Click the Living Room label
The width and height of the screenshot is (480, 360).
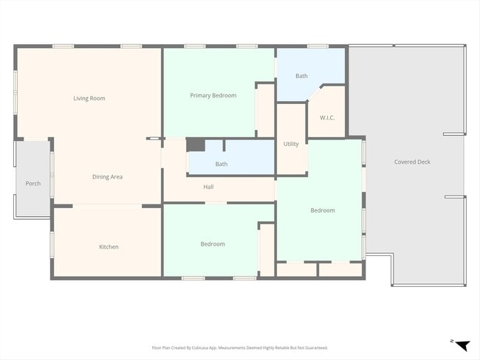pos(89,98)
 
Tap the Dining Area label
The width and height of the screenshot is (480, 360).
pos(107,177)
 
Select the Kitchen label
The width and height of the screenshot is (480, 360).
pos(109,246)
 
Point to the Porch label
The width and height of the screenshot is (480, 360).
pos(32,184)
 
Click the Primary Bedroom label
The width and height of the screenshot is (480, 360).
pos(213,95)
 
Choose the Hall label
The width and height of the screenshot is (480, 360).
pos(209,187)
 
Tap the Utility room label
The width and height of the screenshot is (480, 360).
pos(291,144)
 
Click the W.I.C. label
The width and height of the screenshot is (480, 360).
pos(328,117)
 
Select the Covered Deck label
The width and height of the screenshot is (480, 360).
pos(412,162)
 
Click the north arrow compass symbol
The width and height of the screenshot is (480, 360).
pos(461,345)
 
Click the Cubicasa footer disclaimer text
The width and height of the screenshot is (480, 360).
pos(240,347)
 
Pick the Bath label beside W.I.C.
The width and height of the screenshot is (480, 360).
pos(301,76)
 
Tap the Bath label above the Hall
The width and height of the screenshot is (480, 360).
pos(222,164)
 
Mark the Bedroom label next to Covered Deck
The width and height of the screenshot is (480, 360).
pos(323,210)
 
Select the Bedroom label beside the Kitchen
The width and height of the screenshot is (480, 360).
pos(213,244)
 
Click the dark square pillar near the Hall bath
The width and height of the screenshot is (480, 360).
pos(194,145)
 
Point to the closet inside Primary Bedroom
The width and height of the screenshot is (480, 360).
pos(265,111)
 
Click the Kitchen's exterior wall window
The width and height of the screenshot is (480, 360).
pos(52,244)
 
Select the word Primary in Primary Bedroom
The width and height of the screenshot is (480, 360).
pos(201,95)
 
